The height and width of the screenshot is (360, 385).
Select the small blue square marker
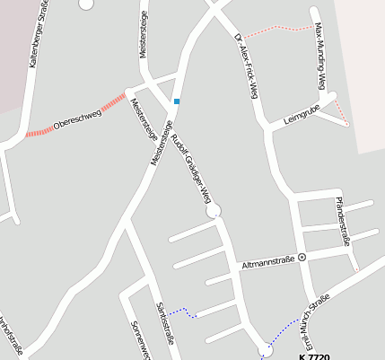(177, 101)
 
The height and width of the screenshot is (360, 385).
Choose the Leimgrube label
(302, 117)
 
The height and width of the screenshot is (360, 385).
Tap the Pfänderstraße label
(342, 221)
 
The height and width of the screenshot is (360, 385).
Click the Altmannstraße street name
(268, 264)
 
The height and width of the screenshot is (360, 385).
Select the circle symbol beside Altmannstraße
(302, 257)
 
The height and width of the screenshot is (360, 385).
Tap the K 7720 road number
(314, 356)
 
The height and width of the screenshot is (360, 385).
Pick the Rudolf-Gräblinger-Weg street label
(190, 168)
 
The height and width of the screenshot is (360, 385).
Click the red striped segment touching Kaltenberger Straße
(39, 133)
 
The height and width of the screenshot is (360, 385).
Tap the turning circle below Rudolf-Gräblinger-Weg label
(214, 211)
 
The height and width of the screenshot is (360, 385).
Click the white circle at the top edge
(86, 3)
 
